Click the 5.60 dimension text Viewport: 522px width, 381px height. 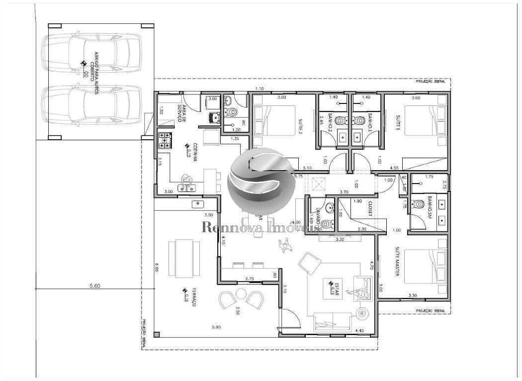click(x=94, y=286)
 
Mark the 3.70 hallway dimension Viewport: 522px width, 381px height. click(x=343, y=191)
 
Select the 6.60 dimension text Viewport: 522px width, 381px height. click(x=156, y=272)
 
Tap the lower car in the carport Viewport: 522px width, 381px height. click(x=92, y=104)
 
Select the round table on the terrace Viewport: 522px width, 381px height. click(x=242, y=293)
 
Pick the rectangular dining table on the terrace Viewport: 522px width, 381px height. click(x=183, y=259)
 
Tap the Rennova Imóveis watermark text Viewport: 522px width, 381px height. click(x=261, y=227)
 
